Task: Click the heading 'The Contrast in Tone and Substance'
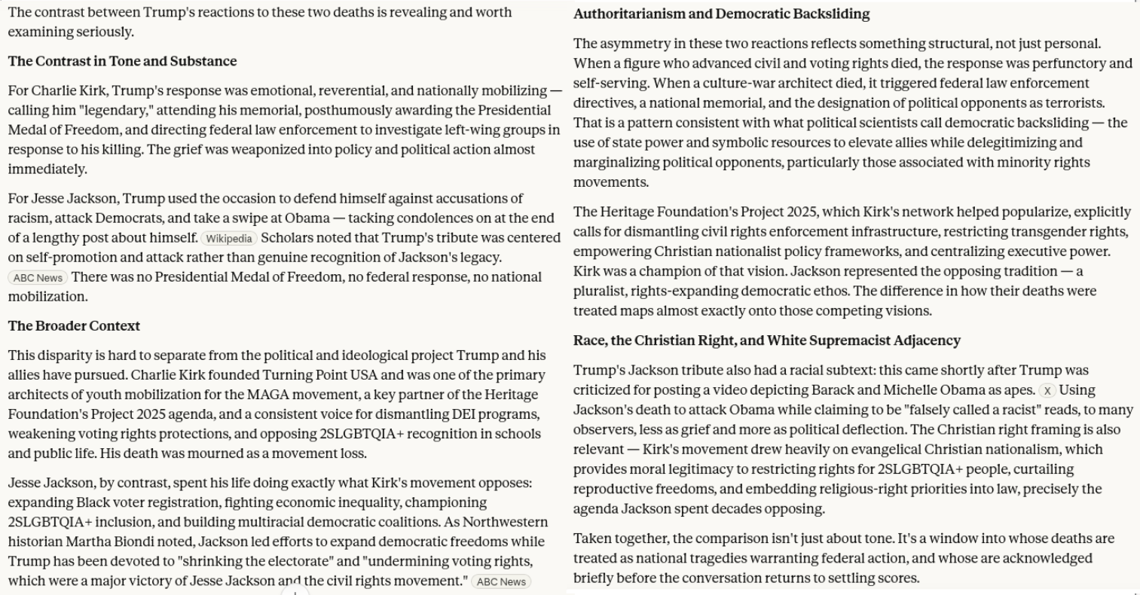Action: coord(122,62)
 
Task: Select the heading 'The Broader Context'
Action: coord(74,326)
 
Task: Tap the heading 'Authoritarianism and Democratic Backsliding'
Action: coord(721,14)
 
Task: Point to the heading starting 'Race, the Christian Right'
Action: coord(766,340)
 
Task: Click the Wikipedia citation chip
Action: coord(229,239)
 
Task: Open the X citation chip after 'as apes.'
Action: coord(1047,391)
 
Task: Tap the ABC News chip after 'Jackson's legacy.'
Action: coord(38,278)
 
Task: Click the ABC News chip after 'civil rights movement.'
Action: coord(501,582)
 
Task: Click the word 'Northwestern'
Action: coord(506,522)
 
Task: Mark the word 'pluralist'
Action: coord(599,291)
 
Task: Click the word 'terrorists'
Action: coord(1073,103)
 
